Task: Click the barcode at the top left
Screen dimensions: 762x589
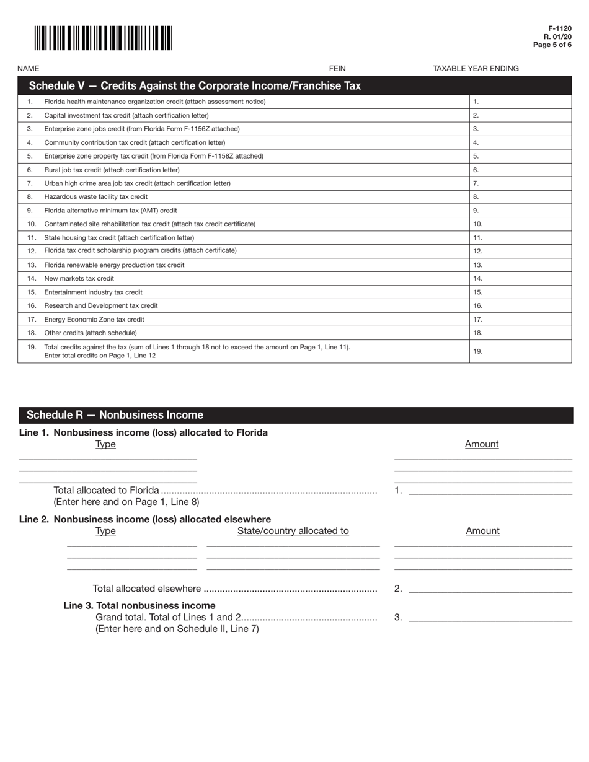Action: click(x=103, y=38)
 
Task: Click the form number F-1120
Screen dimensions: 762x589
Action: click(x=559, y=29)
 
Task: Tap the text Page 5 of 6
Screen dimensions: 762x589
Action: click(x=552, y=45)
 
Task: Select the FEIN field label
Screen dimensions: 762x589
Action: click(x=337, y=68)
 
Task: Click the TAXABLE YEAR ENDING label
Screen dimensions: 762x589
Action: click(x=476, y=68)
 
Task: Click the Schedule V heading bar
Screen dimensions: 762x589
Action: click(x=294, y=85)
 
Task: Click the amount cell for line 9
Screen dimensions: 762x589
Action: click(x=520, y=211)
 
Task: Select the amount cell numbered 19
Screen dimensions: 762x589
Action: click(x=520, y=351)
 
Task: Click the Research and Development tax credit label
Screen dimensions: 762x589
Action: click(x=101, y=305)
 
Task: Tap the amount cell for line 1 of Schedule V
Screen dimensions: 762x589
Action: click(x=520, y=102)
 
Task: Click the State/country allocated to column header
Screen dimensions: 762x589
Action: click(x=293, y=531)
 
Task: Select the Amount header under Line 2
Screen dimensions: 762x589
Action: click(x=482, y=531)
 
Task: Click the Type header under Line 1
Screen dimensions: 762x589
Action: click(x=105, y=444)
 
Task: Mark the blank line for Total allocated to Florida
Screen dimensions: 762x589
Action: click(x=490, y=491)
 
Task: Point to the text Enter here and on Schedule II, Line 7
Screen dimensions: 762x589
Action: click(x=177, y=629)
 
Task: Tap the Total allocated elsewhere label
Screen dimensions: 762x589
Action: click(x=147, y=589)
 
